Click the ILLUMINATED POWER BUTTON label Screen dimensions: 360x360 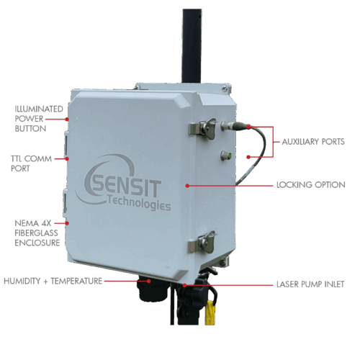(39, 119)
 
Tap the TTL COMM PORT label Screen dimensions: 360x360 (31, 163)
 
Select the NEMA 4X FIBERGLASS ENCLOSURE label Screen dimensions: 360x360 (37, 233)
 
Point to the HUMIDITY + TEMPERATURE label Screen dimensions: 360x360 (53, 281)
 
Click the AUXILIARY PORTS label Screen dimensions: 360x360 (313, 142)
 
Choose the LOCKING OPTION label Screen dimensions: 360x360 (311, 185)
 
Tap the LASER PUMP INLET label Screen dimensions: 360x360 (310, 284)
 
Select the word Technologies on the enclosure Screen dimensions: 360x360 (139, 203)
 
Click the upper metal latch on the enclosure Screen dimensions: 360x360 (203, 128)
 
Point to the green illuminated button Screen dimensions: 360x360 (230, 156)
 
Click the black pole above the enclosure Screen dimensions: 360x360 (192, 46)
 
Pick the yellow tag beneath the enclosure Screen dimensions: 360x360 (210, 312)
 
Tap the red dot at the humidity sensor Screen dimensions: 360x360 (149, 281)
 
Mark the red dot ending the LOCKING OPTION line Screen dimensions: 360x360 (187, 186)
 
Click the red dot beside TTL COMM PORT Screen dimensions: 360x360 (68, 158)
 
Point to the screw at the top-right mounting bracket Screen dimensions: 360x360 (225, 88)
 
